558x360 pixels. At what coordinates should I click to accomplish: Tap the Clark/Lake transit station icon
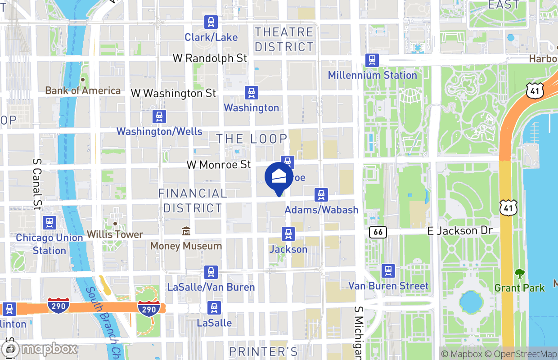(x=211, y=22)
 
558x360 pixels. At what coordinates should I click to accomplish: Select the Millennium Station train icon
(x=372, y=60)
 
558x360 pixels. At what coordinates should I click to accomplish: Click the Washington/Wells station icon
(x=159, y=117)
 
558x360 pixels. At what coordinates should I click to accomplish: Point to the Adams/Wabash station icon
(x=321, y=195)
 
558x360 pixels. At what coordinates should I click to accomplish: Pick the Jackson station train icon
(x=288, y=234)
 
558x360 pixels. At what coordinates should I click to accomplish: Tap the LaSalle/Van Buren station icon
(x=211, y=272)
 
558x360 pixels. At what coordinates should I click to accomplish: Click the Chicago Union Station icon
(x=49, y=223)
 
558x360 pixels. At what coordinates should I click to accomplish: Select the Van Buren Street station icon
(x=388, y=271)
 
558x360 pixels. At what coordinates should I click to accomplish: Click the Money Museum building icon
(x=186, y=231)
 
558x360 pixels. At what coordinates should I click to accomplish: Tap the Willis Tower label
(x=115, y=234)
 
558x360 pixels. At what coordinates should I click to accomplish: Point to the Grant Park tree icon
(x=519, y=273)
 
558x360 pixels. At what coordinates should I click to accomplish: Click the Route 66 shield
(x=378, y=232)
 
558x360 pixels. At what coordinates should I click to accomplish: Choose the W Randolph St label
(x=210, y=58)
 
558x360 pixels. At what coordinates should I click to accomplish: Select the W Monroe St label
(x=219, y=164)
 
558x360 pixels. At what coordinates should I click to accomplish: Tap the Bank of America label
(x=83, y=90)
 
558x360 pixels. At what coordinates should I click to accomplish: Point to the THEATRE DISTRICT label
(x=284, y=39)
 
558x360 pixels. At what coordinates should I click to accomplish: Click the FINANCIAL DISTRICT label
(x=193, y=201)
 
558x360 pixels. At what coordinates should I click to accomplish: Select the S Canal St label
(x=37, y=184)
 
